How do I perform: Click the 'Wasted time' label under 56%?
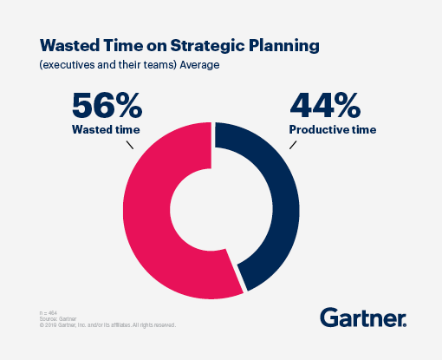click(x=107, y=130)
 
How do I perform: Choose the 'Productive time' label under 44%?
click(x=333, y=130)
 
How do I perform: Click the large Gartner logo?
click(x=363, y=317)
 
